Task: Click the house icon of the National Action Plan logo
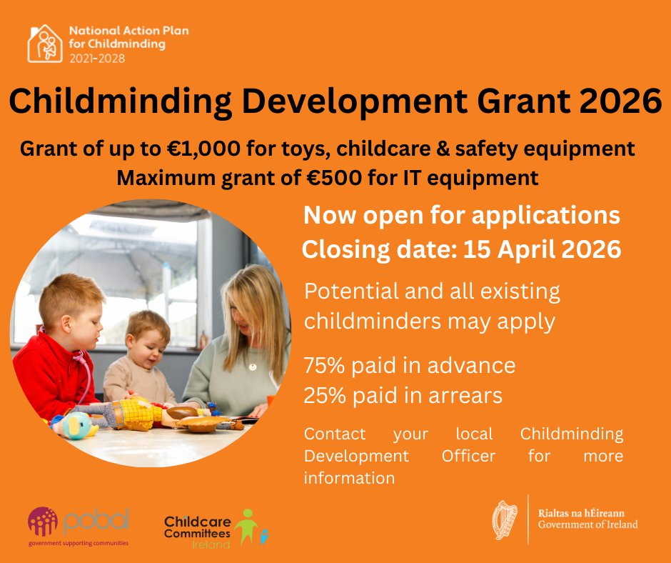45,44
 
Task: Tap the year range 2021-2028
97,59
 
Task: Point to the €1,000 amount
203,149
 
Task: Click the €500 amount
335,178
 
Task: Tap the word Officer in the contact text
468,456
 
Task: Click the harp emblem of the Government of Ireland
505,519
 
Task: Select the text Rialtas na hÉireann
581,513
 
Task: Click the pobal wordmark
96,521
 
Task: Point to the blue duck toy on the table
76,427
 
